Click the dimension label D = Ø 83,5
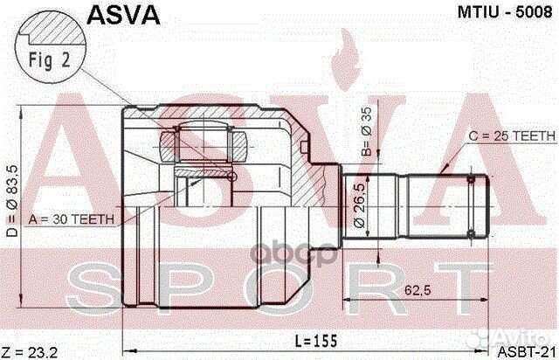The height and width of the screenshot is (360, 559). point(10,202)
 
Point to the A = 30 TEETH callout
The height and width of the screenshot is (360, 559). point(70,219)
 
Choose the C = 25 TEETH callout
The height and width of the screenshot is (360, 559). point(504,137)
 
